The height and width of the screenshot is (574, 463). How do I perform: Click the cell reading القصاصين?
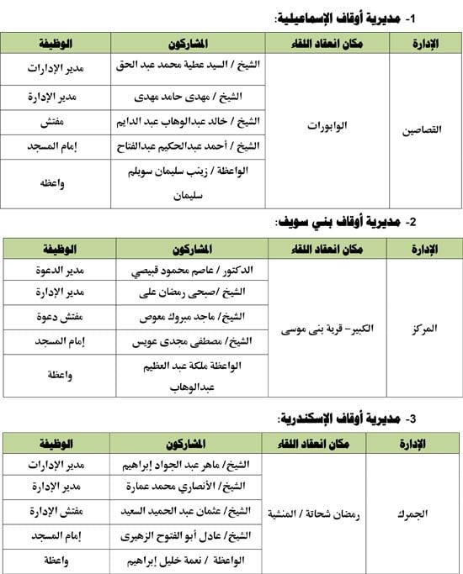425,130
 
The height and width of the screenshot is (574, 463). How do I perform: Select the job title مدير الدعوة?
59,271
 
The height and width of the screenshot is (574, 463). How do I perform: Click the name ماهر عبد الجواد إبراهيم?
194,464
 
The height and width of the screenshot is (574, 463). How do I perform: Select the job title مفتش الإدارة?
58,511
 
